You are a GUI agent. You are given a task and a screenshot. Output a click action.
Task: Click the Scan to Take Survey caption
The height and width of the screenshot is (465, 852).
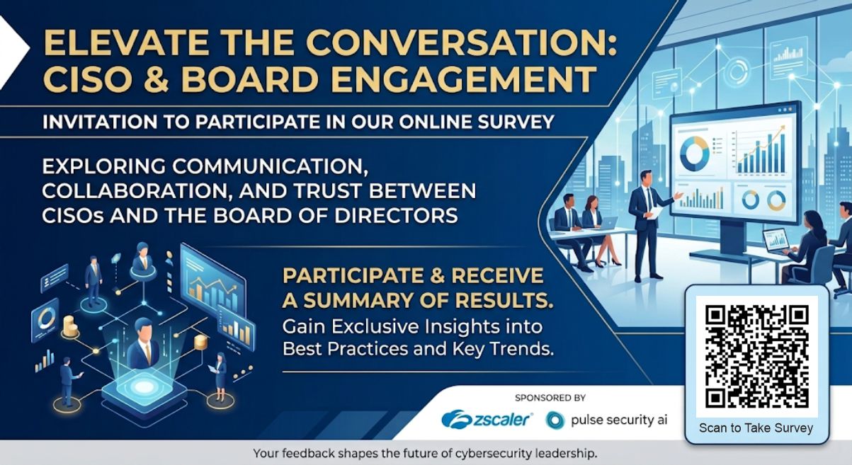[x=756, y=427]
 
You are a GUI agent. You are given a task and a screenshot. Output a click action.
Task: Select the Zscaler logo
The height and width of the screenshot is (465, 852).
[x=487, y=420]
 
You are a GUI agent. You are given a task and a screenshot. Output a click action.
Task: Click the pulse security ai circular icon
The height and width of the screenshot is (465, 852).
[x=555, y=420]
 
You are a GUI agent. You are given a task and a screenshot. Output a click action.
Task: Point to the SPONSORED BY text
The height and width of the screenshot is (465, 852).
[x=550, y=398]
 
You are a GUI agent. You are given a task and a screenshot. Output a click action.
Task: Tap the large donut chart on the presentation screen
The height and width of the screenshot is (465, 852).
[x=695, y=154]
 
